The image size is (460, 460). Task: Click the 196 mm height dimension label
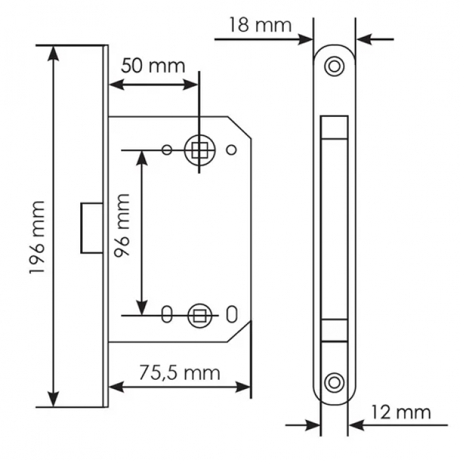point(37,238)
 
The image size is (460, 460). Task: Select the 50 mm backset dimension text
point(153,66)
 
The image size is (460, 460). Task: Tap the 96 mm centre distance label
point(122,225)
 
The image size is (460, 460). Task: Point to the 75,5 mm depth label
point(179,373)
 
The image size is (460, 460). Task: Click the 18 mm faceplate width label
point(260,25)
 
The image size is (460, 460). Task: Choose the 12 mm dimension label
point(401,412)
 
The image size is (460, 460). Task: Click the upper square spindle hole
point(200,150)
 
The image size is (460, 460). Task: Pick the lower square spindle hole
point(200,315)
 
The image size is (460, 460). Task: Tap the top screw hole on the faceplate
point(334,66)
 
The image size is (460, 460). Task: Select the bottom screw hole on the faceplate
point(334,383)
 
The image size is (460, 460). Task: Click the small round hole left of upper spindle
point(167,150)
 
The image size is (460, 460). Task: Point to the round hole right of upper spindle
point(231,150)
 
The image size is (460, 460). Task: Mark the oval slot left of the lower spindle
point(167,315)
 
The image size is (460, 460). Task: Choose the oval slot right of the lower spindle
point(232,315)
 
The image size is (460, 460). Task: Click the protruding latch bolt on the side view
point(92,227)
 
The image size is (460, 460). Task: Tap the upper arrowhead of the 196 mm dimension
point(53,53)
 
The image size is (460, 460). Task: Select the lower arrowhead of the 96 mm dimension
point(142,308)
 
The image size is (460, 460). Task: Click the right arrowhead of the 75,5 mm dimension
point(243,387)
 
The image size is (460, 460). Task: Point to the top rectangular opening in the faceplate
point(334,127)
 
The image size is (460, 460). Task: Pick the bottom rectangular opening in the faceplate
point(334,331)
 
